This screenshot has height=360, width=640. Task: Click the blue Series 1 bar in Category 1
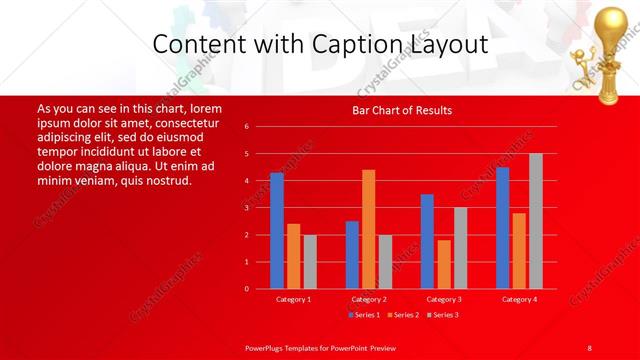click(x=277, y=231)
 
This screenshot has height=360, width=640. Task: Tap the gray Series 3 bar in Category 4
click(x=535, y=221)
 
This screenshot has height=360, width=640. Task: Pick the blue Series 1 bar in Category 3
click(x=427, y=241)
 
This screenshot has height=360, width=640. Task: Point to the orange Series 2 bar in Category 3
click(x=444, y=264)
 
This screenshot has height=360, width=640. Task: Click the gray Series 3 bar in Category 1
click(x=310, y=261)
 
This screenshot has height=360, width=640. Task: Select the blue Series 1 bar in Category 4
click(x=502, y=228)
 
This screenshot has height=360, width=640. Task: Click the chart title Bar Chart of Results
click(x=402, y=110)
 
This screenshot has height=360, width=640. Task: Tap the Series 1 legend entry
click(x=362, y=315)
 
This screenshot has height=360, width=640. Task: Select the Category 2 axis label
click(x=369, y=299)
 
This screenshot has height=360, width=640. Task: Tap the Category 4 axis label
click(x=519, y=299)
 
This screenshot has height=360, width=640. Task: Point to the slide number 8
click(x=589, y=347)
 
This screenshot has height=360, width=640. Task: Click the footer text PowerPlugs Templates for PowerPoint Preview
click(x=320, y=347)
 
